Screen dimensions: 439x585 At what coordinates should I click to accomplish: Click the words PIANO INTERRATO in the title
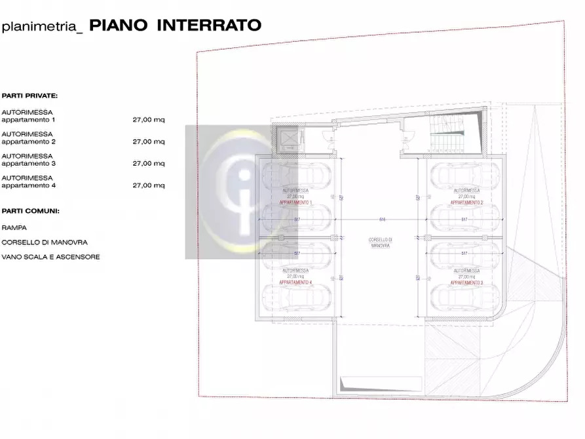pos(175,26)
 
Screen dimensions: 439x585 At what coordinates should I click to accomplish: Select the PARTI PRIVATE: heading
pos(29,96)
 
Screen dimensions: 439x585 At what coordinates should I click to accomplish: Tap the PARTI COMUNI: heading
pos(31,212)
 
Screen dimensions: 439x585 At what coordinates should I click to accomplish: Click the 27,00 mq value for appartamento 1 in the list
pos(149,120)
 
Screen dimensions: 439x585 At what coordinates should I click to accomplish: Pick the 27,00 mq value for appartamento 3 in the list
pos(149,164)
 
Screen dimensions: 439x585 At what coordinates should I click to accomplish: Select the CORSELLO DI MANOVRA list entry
pos(44,242)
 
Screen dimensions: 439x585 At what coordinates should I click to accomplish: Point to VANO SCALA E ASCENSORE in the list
pos(50,258)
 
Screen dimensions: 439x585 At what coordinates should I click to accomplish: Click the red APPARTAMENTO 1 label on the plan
pos(295,203)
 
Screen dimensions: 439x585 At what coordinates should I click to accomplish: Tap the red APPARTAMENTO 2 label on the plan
pos(466,203)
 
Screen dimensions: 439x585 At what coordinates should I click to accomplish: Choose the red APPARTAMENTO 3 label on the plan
pos(466,282)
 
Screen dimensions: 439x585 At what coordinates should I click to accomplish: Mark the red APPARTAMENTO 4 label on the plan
pos(295,282)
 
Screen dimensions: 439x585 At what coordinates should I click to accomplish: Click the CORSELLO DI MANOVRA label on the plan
pos(380,242)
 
